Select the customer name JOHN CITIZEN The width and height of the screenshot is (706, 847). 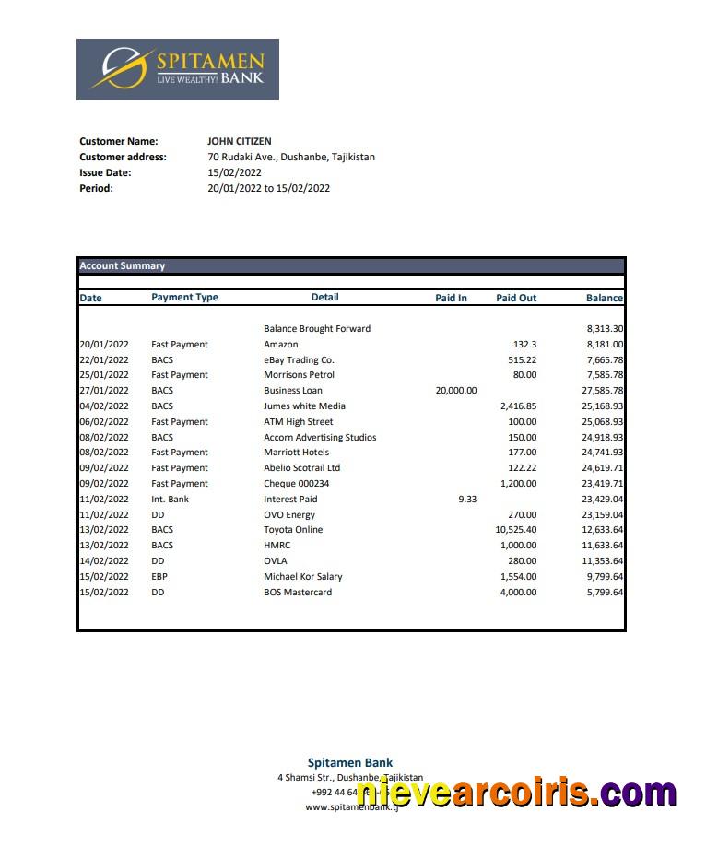[x=240, y=141]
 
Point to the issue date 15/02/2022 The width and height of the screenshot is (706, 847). [x=235, y=172]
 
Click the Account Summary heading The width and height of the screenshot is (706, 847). [x=123, y=265]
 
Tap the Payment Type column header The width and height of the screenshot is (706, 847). [x=184, y=297]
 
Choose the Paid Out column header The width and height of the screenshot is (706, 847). [x=515, y=298]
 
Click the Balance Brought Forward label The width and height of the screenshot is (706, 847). [x=317, y=328]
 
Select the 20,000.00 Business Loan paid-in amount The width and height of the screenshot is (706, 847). [x=455, y=390]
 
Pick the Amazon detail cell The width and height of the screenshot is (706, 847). [x=281, y=344]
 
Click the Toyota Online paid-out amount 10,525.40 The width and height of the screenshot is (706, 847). [x=515, y=529]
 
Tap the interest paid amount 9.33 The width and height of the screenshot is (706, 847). [x=466, y=499]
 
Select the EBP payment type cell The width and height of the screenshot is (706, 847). [x=160, y=576]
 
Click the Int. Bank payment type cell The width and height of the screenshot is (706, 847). [x=170, y=499]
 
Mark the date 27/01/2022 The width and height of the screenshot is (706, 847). [x=104, y=390]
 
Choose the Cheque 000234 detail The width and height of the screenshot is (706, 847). [x=296, y=483]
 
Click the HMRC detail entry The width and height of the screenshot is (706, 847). [x=277, y=545]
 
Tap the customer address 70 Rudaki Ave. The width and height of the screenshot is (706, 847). [x=291, y=157]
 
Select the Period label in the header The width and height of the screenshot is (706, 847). [x=96, y=188]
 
